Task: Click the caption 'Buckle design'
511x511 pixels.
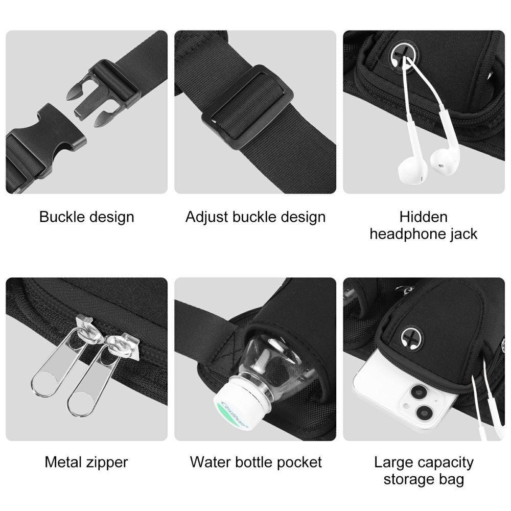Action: pos(86,217)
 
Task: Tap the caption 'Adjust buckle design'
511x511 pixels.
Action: pos(255,217)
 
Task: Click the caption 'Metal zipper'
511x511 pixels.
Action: pos(86,462)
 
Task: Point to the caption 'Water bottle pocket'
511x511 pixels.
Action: pos(255,462)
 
